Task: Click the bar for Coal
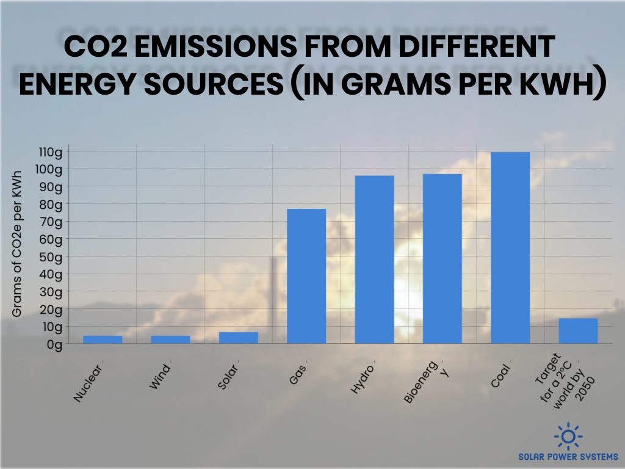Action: click(x=510, y=247)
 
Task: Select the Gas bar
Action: click(x=306, y=276)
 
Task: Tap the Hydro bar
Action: click(x=374, y=260)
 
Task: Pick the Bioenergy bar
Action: click(x=443, y=258)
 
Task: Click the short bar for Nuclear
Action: click(x=103, y=340)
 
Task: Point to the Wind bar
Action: click(x=170, y=340)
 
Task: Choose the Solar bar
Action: click(x=239, y=338)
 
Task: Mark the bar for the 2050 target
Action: click(x=578, y=330)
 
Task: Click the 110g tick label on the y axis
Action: click(x=51, y=151)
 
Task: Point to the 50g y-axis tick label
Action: click(x=52, y=256)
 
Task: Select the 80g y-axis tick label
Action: click(x=52, y=204)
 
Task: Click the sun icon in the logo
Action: click(x=568, y=436)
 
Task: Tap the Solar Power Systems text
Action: click(x=568, y=456)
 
